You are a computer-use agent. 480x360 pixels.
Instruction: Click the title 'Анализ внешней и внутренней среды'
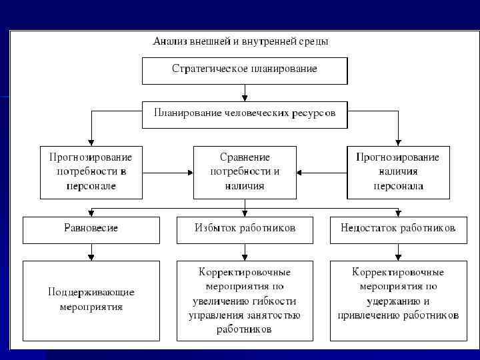240,41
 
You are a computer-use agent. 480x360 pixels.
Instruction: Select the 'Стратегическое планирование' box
245,70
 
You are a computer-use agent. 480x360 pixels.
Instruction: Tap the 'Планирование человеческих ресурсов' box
245,113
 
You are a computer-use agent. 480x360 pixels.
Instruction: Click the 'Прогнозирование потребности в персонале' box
91,172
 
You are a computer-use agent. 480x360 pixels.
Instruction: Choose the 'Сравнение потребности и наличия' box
245,172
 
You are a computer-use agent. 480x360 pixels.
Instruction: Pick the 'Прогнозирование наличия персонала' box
398,172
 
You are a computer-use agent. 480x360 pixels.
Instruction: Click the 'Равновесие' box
91,229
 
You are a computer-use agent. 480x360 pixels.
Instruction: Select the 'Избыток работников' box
245,229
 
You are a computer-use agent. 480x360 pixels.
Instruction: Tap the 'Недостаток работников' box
398,229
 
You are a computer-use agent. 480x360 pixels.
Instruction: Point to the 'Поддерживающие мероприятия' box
91,299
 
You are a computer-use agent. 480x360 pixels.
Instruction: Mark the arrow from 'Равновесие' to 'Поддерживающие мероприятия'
91,252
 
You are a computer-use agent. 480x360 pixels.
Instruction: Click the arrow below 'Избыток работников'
245,252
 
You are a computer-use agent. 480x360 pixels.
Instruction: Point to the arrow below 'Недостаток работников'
398,252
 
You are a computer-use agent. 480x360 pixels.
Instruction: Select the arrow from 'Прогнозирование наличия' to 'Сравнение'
321,173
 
